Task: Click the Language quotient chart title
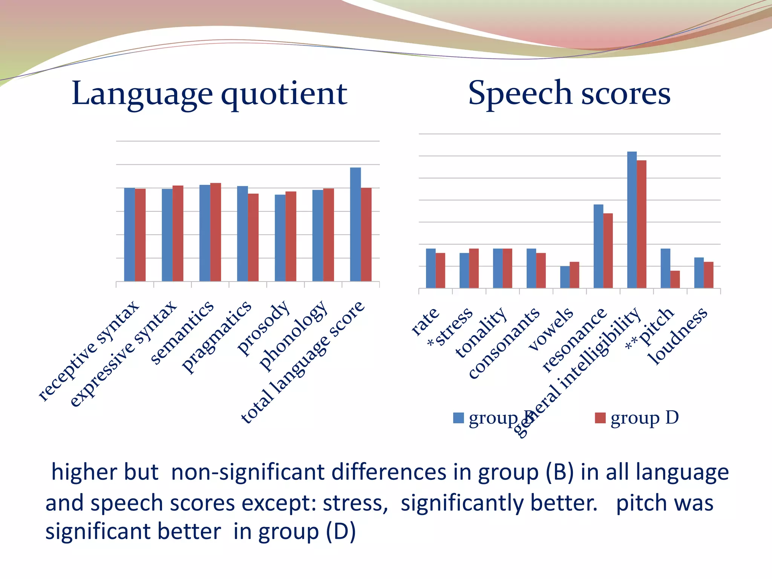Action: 210,93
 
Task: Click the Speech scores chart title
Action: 569,93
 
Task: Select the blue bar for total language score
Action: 355,224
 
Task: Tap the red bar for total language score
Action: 366,234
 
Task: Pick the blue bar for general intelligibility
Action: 632,220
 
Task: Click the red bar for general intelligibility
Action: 642,224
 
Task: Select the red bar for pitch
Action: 675,279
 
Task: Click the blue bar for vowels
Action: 565,277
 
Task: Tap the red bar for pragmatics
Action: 253,237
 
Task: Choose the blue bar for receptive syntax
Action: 129,234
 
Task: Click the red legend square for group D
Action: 600,418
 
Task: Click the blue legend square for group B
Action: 458,418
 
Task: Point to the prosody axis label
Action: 264,328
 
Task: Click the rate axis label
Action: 425,321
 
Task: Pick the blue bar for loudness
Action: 699,273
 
